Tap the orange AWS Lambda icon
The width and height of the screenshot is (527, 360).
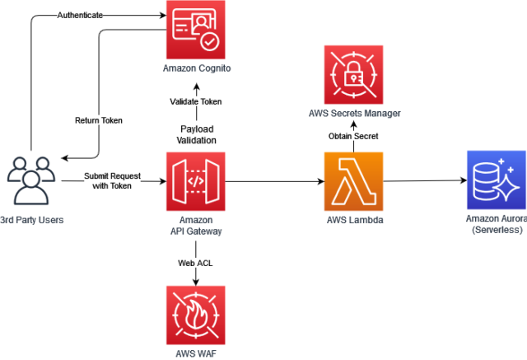[x=353, y=181]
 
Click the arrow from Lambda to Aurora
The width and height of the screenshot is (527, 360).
[x=422, y=181]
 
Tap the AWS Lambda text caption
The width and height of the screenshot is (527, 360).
[x=353, y=221]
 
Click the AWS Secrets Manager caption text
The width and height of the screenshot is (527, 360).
[x=354, y=113]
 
